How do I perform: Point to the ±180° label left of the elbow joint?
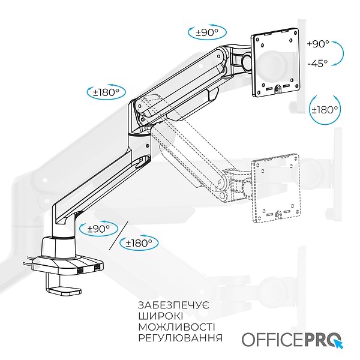click(106, 93)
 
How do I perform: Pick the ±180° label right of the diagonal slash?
click(139, 243)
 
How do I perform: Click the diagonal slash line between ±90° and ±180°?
click(118, 236)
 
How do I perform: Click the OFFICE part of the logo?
click(270, 339)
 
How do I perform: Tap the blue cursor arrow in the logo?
click(340, 344)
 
